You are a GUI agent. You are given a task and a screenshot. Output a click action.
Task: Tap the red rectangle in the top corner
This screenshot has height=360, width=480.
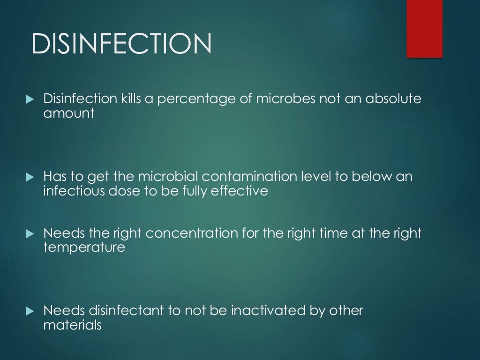pyautogui.click(x=424, y=29)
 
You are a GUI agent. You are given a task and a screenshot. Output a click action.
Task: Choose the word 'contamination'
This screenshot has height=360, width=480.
pyautogui.click(x=251, y=177)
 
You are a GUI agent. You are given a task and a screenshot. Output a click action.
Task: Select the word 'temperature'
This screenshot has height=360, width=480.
pyautogui.click(x=84, y=247)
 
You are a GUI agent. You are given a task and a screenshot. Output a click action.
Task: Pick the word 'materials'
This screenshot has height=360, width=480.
pyautogui.click(x=72, y=324)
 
